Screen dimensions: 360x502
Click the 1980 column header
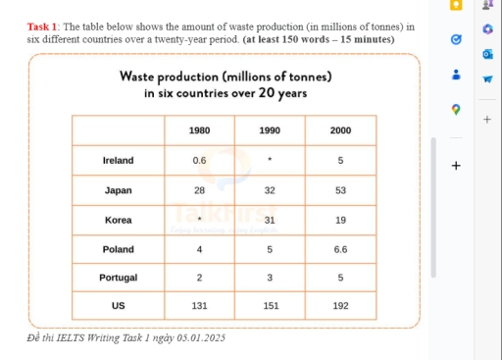[199, 129]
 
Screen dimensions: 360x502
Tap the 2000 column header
[340, 129]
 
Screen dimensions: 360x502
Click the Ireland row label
[118, 159]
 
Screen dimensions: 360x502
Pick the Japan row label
[118, 189]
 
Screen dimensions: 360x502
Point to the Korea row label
[118, 220]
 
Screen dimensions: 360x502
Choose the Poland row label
[118, 249]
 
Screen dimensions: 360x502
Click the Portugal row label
[118, 278]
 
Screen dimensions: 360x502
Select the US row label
[118, 305]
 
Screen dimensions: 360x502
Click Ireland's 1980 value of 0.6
[199, 159]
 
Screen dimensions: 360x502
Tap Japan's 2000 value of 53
[340, 189]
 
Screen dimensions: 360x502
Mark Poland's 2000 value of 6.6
[340, 249]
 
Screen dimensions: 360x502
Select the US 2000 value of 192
[340, 305]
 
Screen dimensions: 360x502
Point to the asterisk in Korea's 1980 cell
[199, 220]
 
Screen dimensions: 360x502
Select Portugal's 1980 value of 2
[199, 278]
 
